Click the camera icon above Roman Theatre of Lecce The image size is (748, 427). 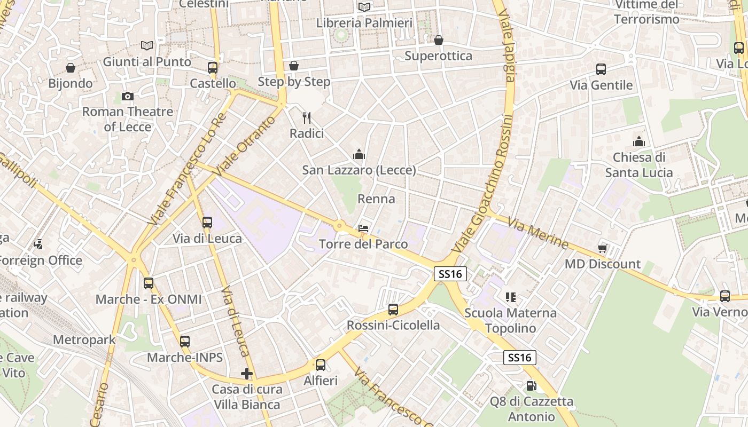127,96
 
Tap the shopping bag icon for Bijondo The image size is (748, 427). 70,68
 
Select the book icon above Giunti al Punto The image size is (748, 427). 147,46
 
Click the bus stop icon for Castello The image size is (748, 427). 213,68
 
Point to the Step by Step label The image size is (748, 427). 294,82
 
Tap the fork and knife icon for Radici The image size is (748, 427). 307,117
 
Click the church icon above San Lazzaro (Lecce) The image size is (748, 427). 359,155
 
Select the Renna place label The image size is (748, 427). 376,199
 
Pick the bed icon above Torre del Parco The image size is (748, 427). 363,228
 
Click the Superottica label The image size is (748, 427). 438,56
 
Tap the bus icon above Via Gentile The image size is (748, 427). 601,69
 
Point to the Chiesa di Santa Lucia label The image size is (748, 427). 639,165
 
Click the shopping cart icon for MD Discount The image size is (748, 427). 603,248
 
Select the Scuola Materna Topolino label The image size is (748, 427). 510,320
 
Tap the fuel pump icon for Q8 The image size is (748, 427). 531,385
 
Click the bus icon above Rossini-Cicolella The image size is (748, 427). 393,309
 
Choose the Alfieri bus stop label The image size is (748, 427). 321,381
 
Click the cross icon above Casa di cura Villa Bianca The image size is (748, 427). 246,374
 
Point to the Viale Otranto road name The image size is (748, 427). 245,145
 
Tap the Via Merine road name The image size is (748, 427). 538,233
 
